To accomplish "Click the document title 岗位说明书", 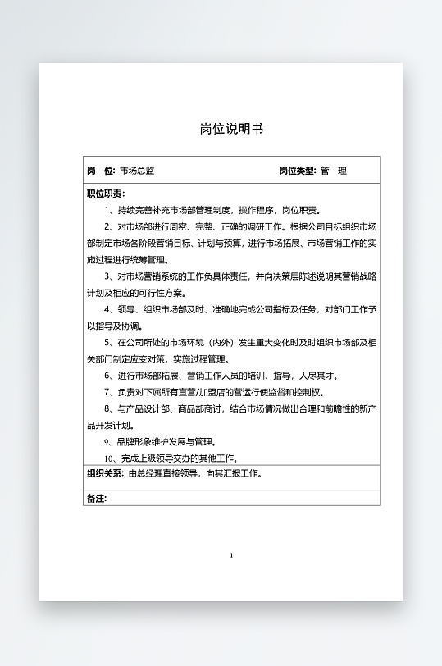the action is [x=231, y=129].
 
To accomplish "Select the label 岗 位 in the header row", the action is [x=100, y=171].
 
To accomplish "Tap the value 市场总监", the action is [x=136, y=171].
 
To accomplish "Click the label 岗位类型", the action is [x=296, y=171].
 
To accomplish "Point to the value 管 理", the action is [x=334, y=171].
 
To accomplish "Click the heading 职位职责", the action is [x=105, y=194].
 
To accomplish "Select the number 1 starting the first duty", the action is [x=107, y=210].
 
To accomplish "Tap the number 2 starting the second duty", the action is [x=107, y=226].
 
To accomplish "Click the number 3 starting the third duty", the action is [x=107, y=276].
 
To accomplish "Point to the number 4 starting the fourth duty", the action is [x=107, y=310].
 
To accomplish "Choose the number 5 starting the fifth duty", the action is [x=107, y=343].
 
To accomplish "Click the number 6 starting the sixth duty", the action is [x=107, y=376].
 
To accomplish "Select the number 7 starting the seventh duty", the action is [x=107, y=393].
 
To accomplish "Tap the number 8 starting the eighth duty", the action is [x=107, y=409].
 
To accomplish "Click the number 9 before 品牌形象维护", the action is [x=107, y=442].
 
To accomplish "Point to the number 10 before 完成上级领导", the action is [x=109, y=458].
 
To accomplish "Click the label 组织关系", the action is [x=105, y=474].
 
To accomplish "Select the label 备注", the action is [x=97, y=499].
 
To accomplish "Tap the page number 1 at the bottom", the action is [x=231, y=556].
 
